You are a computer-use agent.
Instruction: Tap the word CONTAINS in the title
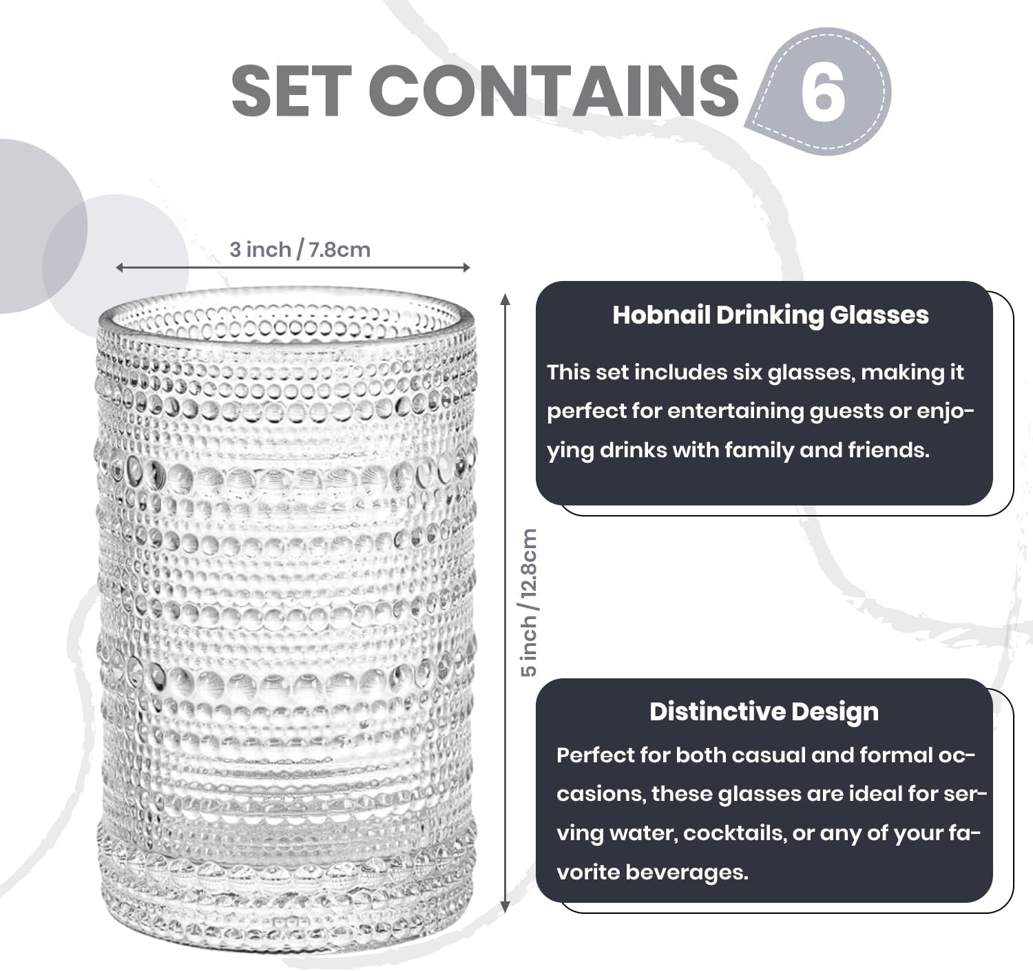(554, 91)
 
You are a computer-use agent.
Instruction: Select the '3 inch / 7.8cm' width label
(300, 250)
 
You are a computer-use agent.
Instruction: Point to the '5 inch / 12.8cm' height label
(529, 603)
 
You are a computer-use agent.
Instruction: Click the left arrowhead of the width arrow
(119, 267)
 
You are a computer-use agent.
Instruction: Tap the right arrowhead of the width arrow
(466, 267)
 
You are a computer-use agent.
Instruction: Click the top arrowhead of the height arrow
(505, 298)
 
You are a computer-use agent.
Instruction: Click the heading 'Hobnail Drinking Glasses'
(771, 315)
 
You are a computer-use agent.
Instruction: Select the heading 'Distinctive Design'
(764, 712)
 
